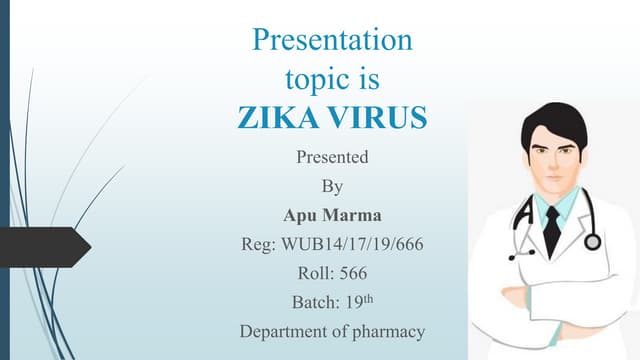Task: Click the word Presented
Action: pyautogui.click(x=332, y=157)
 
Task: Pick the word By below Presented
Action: pyautogui.click(x=332, y=186)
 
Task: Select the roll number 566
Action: pyautogui.click(x=352, y=272)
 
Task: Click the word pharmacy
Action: pyautogui.click(x=387, y=330)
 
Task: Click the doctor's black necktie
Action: pyautogui.click(x=552, y=231)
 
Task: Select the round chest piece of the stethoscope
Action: pyautogui.click(x=593, y=241)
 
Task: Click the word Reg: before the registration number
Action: pyautogui.click(x=258, y=243)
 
